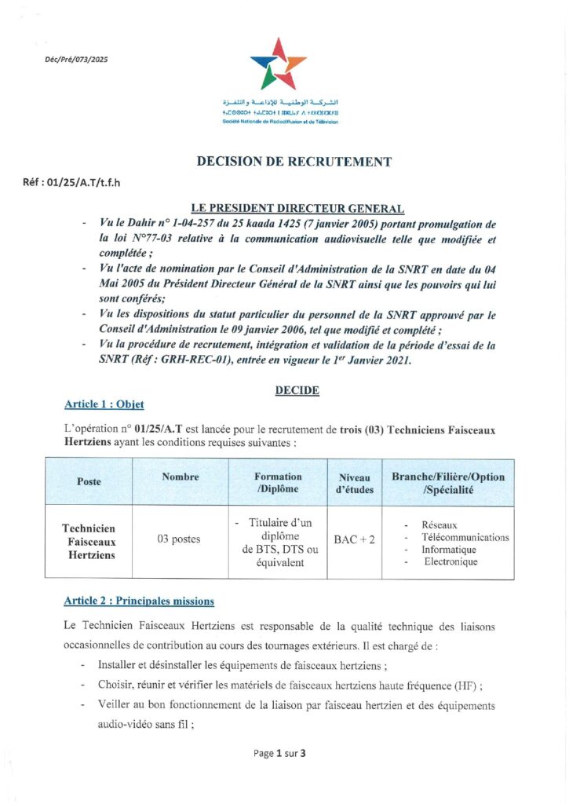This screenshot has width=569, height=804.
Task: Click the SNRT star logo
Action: pyautogui.click(x=278, y=64)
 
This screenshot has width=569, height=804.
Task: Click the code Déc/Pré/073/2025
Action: pyautogui.click(x=76, y=60)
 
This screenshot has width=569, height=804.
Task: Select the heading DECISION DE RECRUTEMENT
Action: pyautogui.click(x=294, y=163)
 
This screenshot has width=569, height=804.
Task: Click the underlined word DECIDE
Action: pyautogui.click(x=297, y=390)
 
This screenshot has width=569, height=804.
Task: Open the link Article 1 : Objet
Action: pyautogui.click(x=104, y=404)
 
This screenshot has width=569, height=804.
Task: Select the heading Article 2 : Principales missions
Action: pyautogui.click(x=139, y=601)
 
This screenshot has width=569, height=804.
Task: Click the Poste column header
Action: pyautogui.click(x=89, y=481)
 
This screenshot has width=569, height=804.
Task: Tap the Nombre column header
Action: pyautogui.click(x=180, y=477)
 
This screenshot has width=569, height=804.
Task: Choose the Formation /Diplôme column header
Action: pyautogui.click(x=278, y=482)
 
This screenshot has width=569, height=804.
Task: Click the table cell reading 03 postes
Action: pyautogui.click(x=179, y=539)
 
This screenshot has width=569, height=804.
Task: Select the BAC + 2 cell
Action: pyautogui.click(x=354, y=539)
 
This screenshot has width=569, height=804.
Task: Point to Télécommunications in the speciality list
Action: pyautogui.click(x=465, y=538)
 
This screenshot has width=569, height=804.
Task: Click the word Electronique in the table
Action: pyautogui.click(x=450, y=562)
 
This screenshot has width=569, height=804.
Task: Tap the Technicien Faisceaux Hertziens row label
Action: pyautogui.click(x=89, y=542)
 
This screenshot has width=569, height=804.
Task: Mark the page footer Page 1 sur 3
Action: pyautogui.click(x=279, y=754)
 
